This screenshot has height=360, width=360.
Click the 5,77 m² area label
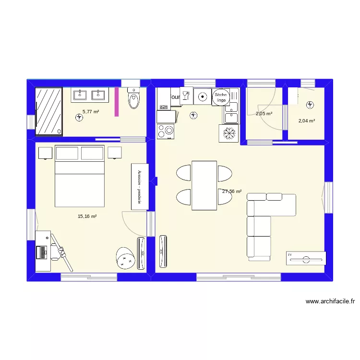pos(91,111)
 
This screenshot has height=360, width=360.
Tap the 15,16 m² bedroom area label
pos(87,216)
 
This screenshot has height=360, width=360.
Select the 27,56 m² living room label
pos(232,191)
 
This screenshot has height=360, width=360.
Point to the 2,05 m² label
pos(264,114)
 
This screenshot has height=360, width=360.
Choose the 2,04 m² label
pos(307,121)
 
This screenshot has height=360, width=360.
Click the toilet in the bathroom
pos(133,99)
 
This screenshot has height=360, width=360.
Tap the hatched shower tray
pos(49,111)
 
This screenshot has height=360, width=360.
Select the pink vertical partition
pos(117,102)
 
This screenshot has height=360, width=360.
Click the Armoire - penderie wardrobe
pos(140,187)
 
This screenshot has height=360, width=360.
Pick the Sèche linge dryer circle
pos(221,97)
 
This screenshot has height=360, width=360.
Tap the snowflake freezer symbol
pos(228,133)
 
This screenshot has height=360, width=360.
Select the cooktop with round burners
pos(166,131)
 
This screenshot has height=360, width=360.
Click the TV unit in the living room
pos(305,258)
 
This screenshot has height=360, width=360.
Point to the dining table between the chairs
pos(204,185)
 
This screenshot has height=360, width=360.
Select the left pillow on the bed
pos(67,153)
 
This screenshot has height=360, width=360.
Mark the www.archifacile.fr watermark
pos(330,301)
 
